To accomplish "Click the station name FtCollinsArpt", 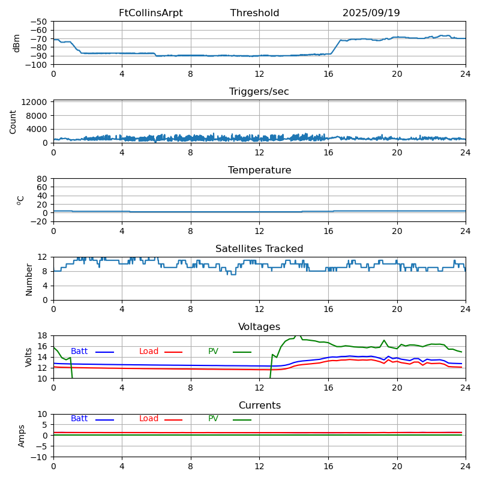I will pos(151,13).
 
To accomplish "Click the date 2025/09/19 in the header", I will pos(371,13).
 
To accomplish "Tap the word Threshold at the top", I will pos(254,13).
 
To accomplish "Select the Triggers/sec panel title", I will pos(259,92).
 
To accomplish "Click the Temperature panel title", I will pos(259,170).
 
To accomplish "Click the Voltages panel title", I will pos(259,327).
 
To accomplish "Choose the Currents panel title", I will pos(259,406).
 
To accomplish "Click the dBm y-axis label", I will pos(17,43).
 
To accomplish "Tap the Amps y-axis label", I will pos(22,436).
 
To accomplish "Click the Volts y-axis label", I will pos(29,357).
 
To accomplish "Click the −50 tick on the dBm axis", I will pos(40,22).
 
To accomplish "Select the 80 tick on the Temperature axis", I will pos(43,179).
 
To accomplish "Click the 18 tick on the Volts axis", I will pos(43,335).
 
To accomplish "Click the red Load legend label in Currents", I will pos(149,419).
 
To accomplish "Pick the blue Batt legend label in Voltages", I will pos(79,352).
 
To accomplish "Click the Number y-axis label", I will pos(29,279).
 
